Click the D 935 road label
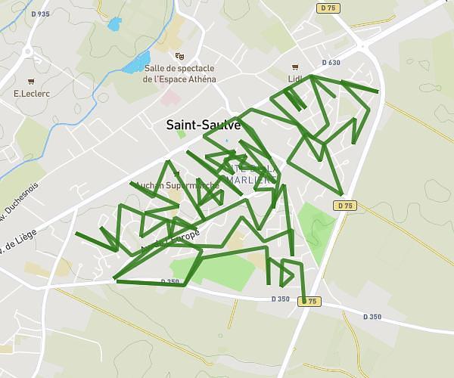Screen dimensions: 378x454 coord(41,14)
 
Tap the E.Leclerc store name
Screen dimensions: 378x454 coord(31,94)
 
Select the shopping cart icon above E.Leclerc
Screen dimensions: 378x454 coord(31,82)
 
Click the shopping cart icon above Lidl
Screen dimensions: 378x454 coord(295,66)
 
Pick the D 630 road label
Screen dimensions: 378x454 coord(331,63)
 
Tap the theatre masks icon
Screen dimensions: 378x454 coord(179,56)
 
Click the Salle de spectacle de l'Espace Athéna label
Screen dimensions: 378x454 coord(179,73)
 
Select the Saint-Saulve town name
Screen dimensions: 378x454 coord(204,125)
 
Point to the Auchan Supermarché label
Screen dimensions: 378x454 coord(176,184)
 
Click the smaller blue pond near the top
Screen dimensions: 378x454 coord(114,24)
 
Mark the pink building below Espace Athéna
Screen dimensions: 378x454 coord(169,99)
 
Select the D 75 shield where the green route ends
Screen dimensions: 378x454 coord(309,302)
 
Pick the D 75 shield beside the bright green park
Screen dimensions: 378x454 coord(344,206)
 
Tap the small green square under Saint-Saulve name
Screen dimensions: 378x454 coord(181,135)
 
